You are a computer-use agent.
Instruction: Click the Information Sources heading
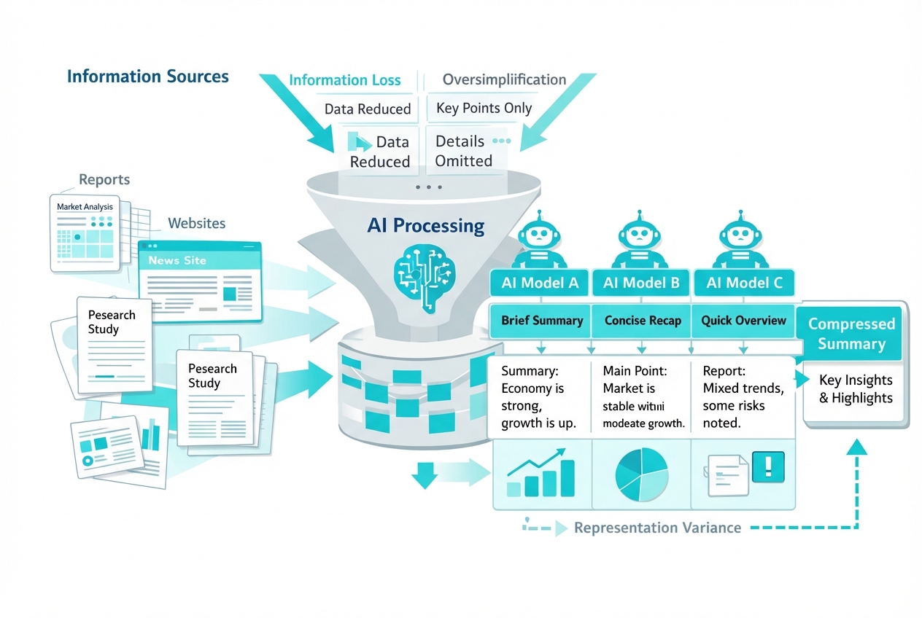coord(147,77)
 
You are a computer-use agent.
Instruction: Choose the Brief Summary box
coord(542,321)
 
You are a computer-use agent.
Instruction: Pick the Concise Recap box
coord(643,321)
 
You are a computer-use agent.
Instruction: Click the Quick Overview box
coord(743,321)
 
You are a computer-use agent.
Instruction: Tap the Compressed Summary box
coord(851,334)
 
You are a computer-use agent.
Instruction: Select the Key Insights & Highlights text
coord(856,388)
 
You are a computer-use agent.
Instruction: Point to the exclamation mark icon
coord(770,465)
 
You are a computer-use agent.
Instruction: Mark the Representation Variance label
coord(657,528)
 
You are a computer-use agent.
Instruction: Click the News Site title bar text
coord(177,260)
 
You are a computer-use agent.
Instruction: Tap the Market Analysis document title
coord(85,207)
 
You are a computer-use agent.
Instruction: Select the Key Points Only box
coord(484,109)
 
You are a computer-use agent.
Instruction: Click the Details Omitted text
coord(464,151)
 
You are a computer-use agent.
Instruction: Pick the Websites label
coord(197,223)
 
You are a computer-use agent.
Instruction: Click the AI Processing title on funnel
coord(426,225)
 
